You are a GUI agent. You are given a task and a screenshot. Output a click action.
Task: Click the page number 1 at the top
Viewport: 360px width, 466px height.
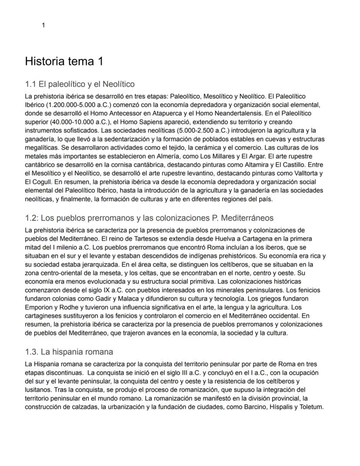pyautogui.click(x=43, y=25)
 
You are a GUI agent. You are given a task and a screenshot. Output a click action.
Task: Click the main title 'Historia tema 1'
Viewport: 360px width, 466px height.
pyautogui.click(x=64, y=61)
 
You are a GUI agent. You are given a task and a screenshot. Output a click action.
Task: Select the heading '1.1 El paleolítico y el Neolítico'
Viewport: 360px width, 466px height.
pyautogui.click(x=80, y=84)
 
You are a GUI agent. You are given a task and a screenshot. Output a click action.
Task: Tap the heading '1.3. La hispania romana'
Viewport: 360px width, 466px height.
pyautogui.click(x=69, y=352)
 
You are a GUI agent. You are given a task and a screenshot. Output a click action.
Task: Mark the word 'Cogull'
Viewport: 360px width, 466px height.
pyautogui.click(x=45, y=181)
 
